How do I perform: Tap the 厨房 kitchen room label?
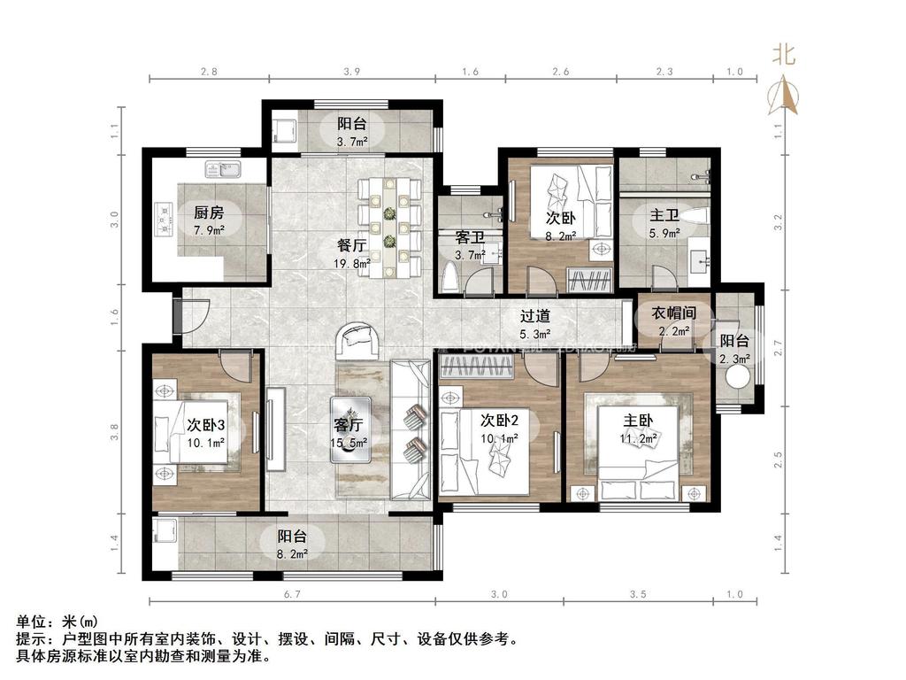click(209, 212)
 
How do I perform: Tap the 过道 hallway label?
click(534, 315)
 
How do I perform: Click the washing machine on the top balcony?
click(285, 130)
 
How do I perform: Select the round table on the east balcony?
click(736, 378)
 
